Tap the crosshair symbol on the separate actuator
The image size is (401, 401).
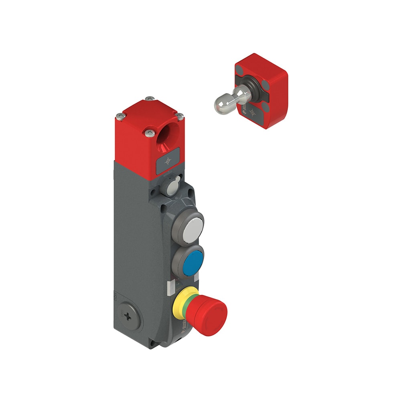pos(252,111)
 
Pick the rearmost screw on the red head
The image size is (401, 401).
pos(150,98)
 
